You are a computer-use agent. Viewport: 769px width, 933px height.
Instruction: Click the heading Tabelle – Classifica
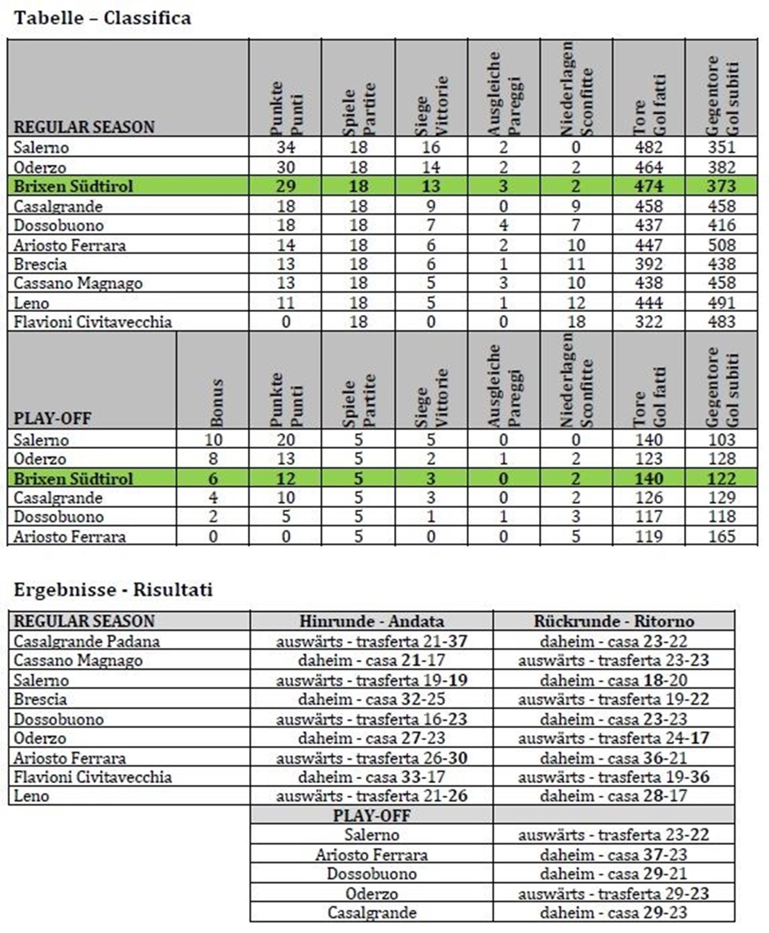pyautogui.click(x=102, y=18)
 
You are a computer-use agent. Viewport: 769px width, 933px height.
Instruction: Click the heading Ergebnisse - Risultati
pyautogui.click(x=113, y=590)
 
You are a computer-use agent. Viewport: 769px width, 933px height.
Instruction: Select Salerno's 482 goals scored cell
pyautogui.click(x=649, y=148)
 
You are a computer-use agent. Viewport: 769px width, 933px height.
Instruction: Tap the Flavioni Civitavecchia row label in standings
pyautogui.click(x=93, y=322)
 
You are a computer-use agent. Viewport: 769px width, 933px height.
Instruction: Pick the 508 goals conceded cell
pyautogui.click(x=721, y=245)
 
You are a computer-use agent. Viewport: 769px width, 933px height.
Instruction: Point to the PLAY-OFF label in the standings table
pyautogui.click(x=53, y=419)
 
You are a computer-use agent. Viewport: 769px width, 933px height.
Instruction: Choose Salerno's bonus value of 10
pyautogui.click(x=213, y=440)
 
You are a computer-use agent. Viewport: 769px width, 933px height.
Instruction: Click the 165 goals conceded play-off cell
pyautogui.click(x=721, y=536)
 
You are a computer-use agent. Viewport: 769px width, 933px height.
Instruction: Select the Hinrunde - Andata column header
pyautogui.click(x=371, y=621)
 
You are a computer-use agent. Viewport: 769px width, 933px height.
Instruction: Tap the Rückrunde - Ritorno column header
pyautogui.click(x=613, y=621)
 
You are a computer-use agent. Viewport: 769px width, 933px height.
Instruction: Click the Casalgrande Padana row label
pyautogui.click(x=87, y=642)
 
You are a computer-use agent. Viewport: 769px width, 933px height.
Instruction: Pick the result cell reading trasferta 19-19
pyautogui.click(x=371, y=680)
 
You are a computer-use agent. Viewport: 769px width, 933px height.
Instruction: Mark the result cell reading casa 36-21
pyautogui.click(x=613, y=758)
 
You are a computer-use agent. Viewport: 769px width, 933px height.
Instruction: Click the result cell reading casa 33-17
pyautogui.click(x=371, y=777)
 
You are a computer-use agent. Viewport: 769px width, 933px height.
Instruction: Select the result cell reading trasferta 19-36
pyautogui.click(x=613, y=777)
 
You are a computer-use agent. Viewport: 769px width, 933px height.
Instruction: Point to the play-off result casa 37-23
pyautogui.click(x=613, y=855)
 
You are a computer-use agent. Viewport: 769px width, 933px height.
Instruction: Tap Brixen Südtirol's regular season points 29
pyautogui.click(x=286, y=187)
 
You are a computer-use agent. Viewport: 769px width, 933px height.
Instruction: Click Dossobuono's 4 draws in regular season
pyautogui.click(x=503, y=225)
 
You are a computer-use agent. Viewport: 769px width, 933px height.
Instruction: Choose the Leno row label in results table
pyautogui.click(x=32, y=796)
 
